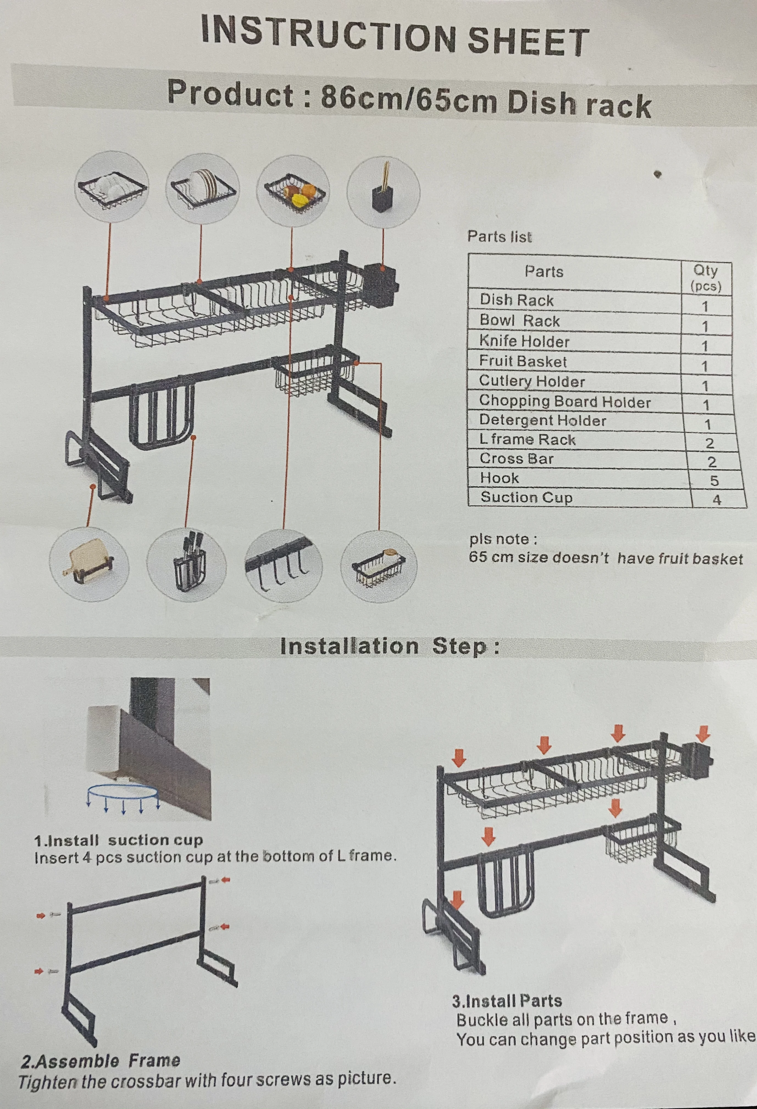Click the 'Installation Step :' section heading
[389, 647]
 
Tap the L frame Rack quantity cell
[710, 443]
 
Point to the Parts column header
[544, 272]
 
